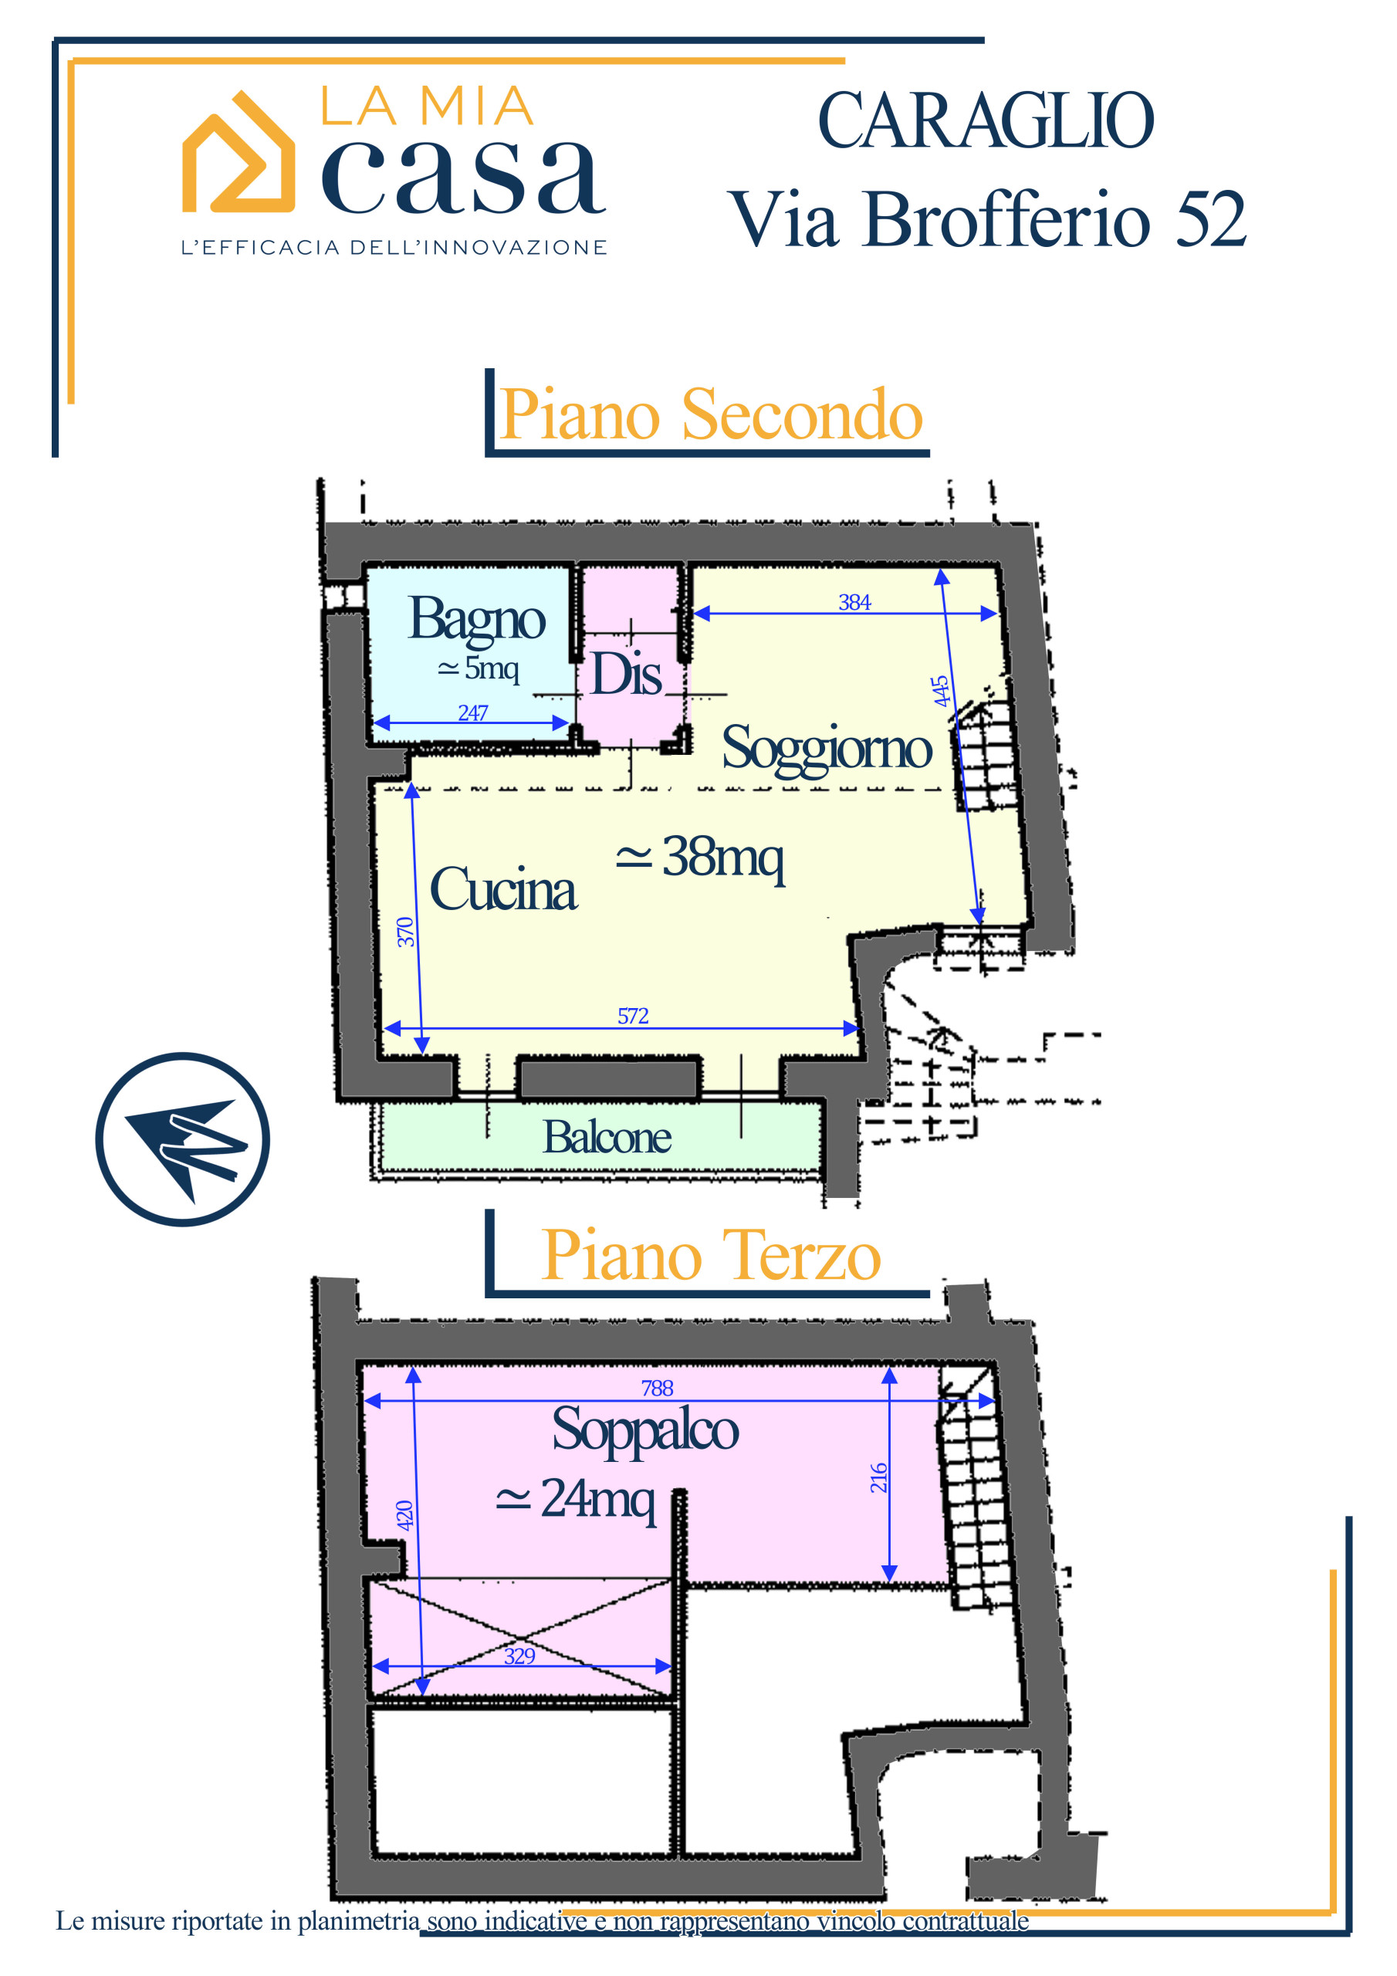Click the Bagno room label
(x=477, y=620)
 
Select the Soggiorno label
(x=827, y=749)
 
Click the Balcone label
(x=607, y=1137)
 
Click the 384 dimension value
(x=854, y=602)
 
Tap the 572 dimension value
(x=633, y=1016)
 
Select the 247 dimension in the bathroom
(x=472, y=712)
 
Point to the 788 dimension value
(x=657, y=1387)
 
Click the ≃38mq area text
(x=700, y=858)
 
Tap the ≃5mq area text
(x=478, y=667)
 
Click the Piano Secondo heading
(x=711, y=414)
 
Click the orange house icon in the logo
(x=238, y=152)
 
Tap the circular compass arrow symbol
(x=182, y=1139)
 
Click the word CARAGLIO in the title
(x=986, y=120)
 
